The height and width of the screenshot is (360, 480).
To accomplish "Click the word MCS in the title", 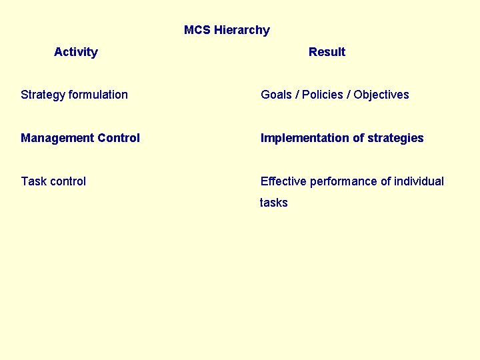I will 197,30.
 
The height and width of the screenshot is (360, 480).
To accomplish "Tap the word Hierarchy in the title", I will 242,30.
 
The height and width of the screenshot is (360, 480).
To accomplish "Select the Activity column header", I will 76,52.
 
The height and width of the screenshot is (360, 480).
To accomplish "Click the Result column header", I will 327,52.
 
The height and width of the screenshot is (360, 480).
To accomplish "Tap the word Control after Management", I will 119,138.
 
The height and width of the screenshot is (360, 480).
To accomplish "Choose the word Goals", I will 276,95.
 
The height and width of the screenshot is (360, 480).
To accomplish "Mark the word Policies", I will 323,95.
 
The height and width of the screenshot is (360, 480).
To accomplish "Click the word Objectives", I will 381,95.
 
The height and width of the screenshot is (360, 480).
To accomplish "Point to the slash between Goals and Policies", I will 297,95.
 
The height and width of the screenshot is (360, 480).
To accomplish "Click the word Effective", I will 283,181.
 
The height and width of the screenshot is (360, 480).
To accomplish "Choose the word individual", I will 419,181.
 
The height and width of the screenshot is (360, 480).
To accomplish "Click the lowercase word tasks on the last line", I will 274,203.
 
